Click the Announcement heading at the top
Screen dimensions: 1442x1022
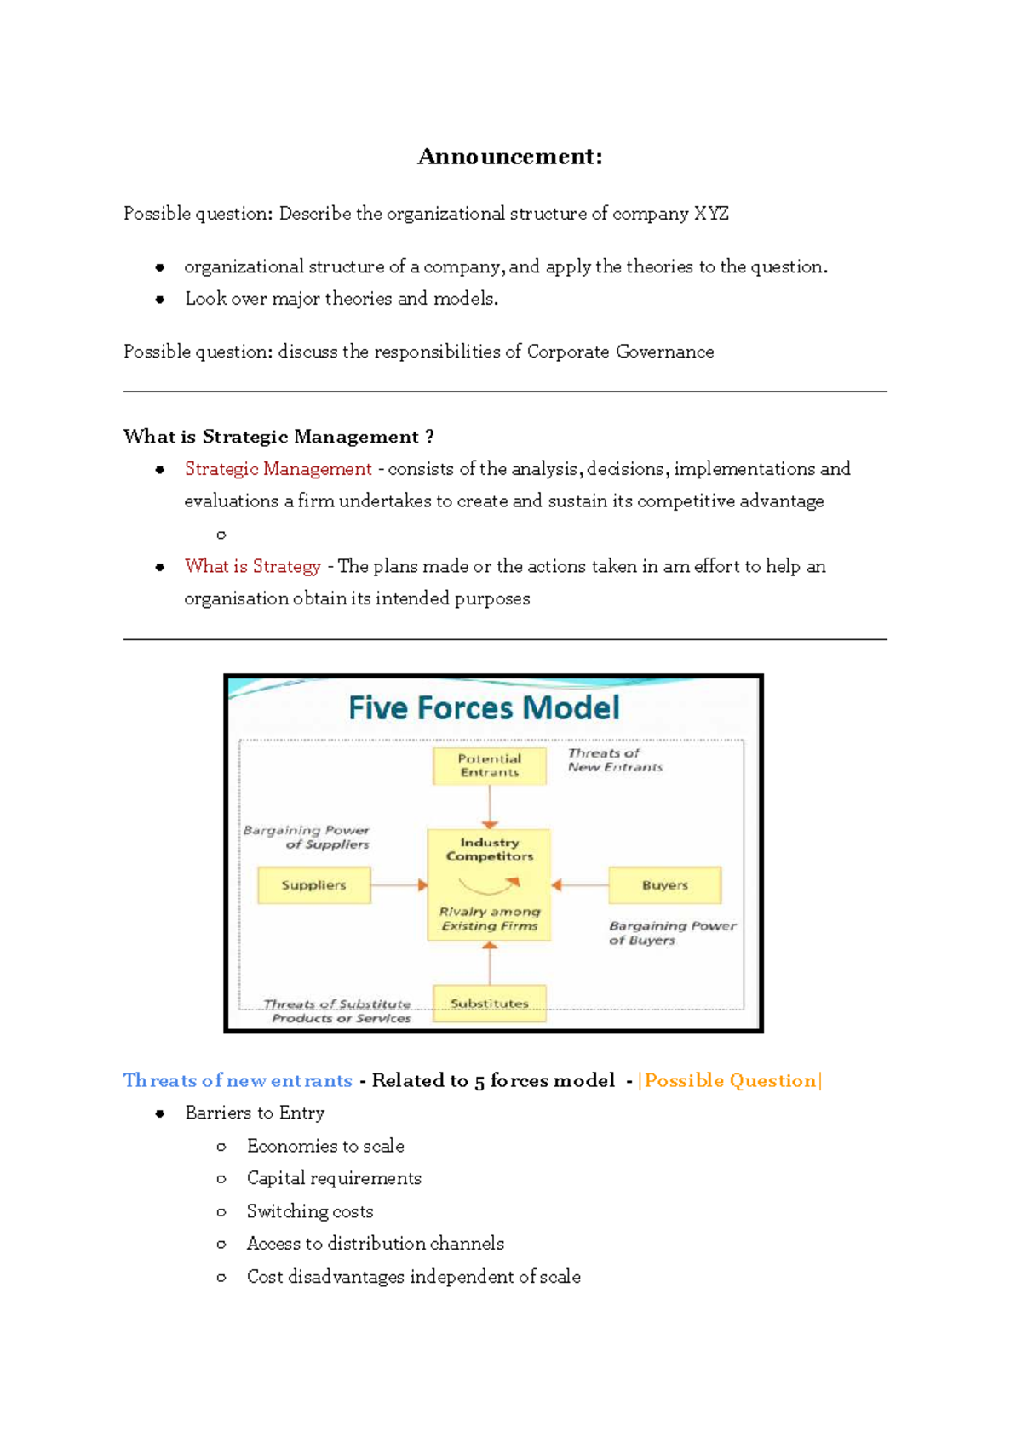[x=509, y=157]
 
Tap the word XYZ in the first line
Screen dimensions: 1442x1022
[x=711, y=214]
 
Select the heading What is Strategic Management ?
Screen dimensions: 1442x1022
[x=278, y=437]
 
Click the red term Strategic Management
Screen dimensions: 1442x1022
[x=278, y=469]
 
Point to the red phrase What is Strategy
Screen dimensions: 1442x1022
[x=252, y=566]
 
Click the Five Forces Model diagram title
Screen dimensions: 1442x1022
[x=484, y=708]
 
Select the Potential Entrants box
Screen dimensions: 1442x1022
[x=490, y=765]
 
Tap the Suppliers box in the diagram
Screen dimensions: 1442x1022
[x=314, y=885]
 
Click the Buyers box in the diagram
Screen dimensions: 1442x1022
[x=664, y=885]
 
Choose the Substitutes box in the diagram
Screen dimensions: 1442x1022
[x=490, y=1004]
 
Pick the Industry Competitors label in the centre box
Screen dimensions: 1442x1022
[x=490, y=849]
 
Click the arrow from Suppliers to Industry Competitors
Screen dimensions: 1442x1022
[x=399, y=885]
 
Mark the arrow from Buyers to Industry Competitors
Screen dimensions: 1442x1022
[x=580, y=885]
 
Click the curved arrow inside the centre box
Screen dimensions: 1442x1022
[x=489, y=886]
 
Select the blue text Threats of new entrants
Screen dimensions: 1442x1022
[x=238, y=1080]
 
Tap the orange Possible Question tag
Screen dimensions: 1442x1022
[x=730, y=1080]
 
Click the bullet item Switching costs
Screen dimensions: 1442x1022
[x=310, y=1211]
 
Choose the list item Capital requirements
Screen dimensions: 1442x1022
[x=334, y=1178]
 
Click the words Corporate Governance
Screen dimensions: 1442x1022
[x=620, y=352]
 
